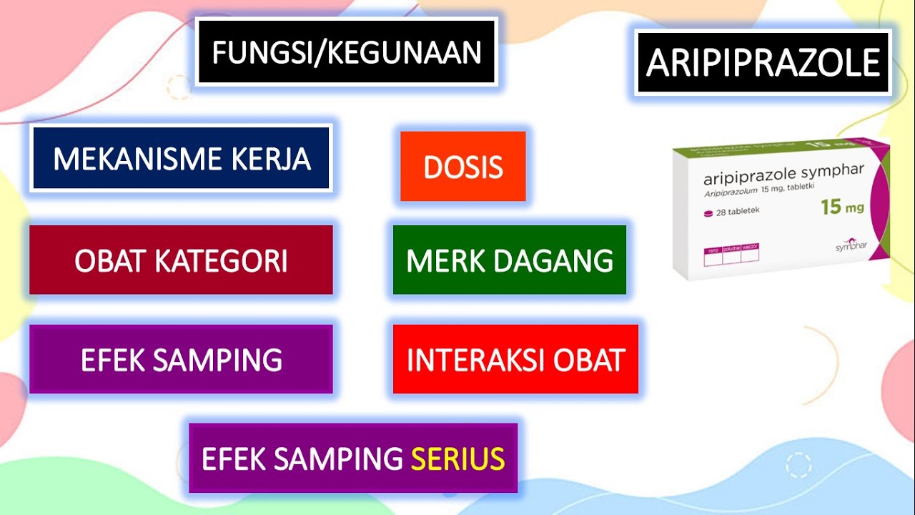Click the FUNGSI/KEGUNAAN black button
(x=346, y=53)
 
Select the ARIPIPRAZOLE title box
(x=763, y=62)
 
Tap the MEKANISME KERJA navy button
(x=181, y=158)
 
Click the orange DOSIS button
(x=463, y=167)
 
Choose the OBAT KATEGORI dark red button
(x=181, y=260)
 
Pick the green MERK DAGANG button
(x=510, y=260)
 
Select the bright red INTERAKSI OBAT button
(x=515, y=359)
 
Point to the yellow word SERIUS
(x=457, y=458)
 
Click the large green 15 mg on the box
(x=842, y=207)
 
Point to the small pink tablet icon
(x=708, y=212)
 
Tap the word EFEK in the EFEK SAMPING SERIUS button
(x=227, y=458)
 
